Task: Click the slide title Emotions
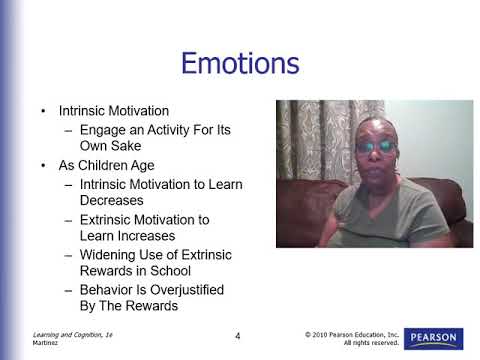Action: (239, 64)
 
